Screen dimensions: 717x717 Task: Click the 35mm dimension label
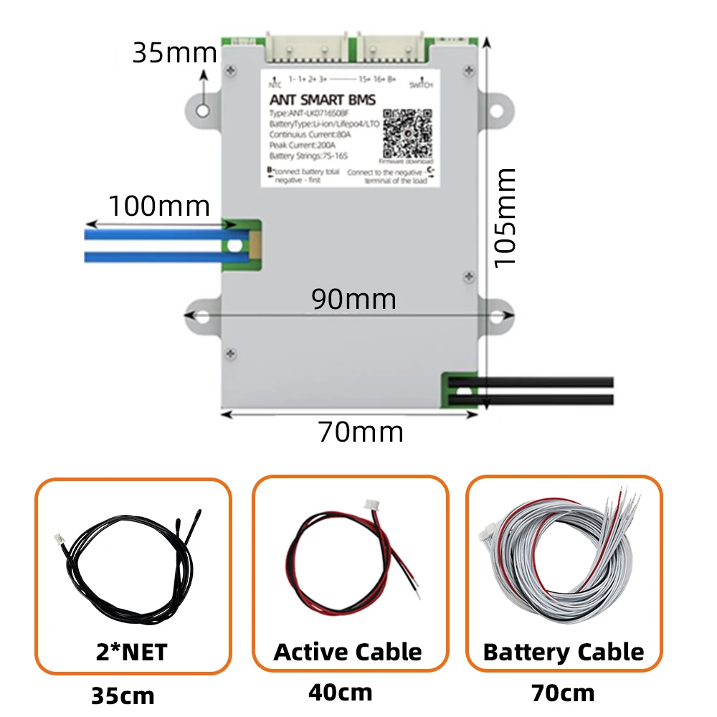174,52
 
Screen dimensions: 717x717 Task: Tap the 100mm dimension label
158,206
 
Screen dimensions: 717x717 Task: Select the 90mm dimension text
353,298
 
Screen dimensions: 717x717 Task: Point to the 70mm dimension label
361,432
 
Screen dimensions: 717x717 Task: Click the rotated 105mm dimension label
505,217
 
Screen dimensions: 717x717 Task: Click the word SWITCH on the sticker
421,85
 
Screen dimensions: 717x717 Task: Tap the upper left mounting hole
204,110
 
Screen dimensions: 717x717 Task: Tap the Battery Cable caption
564,652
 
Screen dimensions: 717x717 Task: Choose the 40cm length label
341,693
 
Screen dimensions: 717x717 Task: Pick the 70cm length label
563,693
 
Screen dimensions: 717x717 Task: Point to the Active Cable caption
348,652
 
